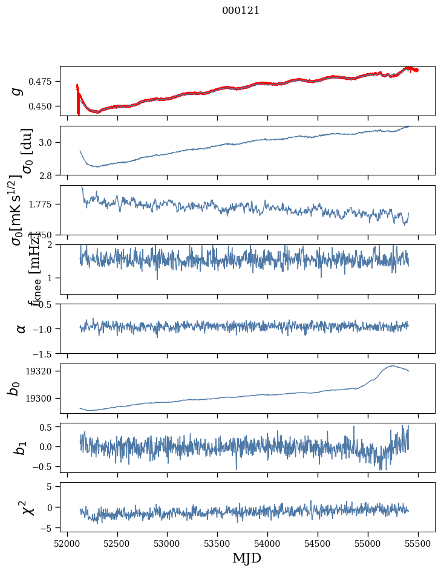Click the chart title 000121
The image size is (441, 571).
(x=241, y=10)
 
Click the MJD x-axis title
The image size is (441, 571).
(x=247, y=558)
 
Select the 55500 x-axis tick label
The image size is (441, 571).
(x=419, y=543)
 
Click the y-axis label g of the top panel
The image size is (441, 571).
(x=18, y=91)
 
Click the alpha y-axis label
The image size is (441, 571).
(x=21, y=328)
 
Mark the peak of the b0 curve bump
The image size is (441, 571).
(x=393, y=365)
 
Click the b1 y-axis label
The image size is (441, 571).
(x=21, y=448)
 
